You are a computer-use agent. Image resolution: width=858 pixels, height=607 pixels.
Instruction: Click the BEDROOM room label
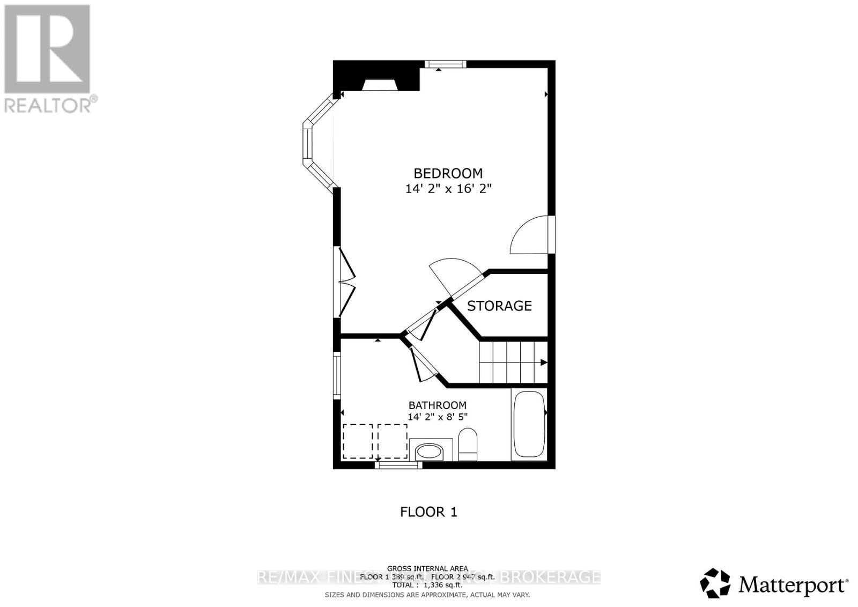(448, 173)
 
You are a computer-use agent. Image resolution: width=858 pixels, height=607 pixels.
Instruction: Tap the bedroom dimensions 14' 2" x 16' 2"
(448, 189)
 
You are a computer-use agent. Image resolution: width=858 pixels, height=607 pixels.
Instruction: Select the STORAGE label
(499, 306)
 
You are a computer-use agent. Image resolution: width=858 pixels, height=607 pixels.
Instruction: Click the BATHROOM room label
(437, 405)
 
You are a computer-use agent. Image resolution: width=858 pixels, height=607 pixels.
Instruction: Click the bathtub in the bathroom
(528, 425)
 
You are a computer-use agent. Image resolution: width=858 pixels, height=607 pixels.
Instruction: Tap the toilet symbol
(468, 445)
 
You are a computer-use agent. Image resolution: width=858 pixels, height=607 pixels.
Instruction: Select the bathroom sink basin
(430, 452)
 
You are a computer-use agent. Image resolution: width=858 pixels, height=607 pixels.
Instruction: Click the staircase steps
(512, 362)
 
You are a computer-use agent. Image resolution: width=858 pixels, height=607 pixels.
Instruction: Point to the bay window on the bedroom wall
(314, 144)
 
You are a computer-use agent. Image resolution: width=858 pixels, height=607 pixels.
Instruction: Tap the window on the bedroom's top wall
(445, 64)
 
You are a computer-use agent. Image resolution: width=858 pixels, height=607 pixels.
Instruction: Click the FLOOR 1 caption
(428, 512)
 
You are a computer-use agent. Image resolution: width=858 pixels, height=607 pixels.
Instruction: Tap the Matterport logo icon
(715, 583)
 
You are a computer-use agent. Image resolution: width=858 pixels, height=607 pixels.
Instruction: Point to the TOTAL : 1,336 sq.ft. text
(427, 585)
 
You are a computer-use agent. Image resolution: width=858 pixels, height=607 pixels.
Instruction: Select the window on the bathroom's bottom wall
(398, 465)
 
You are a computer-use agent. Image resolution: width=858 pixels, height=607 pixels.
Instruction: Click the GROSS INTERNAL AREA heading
(427, 568)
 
